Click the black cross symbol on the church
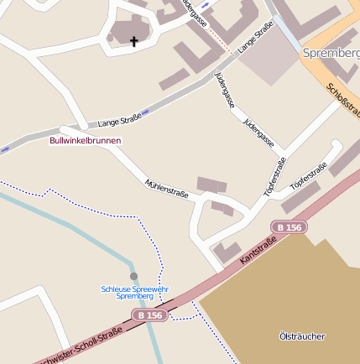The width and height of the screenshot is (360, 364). click(x=133, y=40)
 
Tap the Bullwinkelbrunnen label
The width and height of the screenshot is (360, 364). click(x=86, y=140)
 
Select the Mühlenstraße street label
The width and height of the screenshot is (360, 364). click(x=166, y=188)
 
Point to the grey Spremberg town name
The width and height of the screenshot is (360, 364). click(x=330, y=53)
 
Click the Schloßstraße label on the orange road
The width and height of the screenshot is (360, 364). click(x=343, y=101)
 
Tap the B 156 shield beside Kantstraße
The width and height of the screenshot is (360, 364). click(x=289, y=227)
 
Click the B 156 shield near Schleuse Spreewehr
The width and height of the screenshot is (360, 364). click(x=150, y=315)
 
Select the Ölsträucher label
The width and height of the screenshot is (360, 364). click(x=301, y=336)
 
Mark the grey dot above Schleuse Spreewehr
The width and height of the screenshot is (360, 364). click(x=133, y=276)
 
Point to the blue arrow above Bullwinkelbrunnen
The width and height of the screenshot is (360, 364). click(x=145, y=112)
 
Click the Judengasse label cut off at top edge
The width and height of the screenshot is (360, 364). click(x=192, y=13)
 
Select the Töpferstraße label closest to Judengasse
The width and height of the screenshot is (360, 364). click(x=274, y=177)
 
